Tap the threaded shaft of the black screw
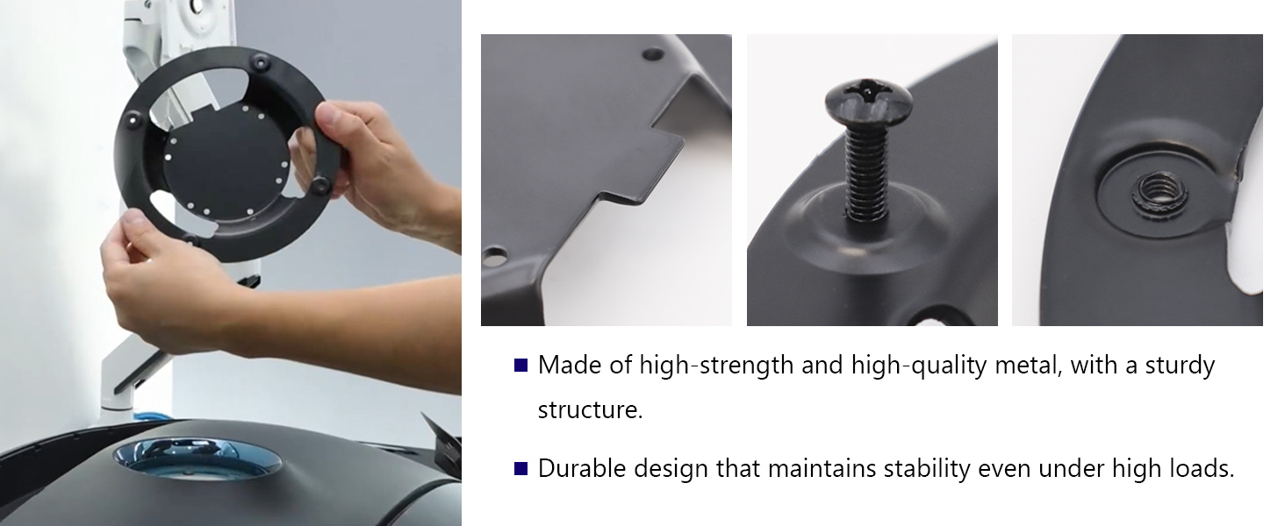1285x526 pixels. tap(867, 173)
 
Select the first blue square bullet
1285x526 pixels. tap(520, 365)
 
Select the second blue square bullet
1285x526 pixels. tap(520, 469)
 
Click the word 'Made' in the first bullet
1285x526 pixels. tap(570, 365)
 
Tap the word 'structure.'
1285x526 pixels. tap(591, 410)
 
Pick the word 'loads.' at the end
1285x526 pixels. tap(1202, 469)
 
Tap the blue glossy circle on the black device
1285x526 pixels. tap(197, 458)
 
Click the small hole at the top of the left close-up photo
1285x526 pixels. tap(653, 54)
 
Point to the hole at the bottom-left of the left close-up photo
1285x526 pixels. tap(494, 256)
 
